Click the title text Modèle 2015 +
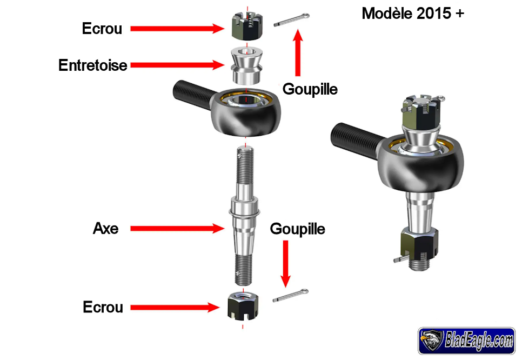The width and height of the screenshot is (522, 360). [x=412, y=14]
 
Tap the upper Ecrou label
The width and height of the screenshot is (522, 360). [x=102, y=29]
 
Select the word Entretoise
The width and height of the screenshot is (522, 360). [x=93, y=65]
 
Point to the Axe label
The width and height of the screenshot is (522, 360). [x=105, y=229]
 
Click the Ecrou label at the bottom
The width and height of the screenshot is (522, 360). [x=103, y=307]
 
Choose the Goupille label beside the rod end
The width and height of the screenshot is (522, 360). [x=310, y=89]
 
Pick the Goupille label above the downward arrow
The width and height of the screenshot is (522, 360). [x=297, y=229]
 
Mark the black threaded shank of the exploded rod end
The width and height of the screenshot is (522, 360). [x=192, y=92]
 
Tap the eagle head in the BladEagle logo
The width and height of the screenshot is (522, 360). [x=432, y=341]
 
